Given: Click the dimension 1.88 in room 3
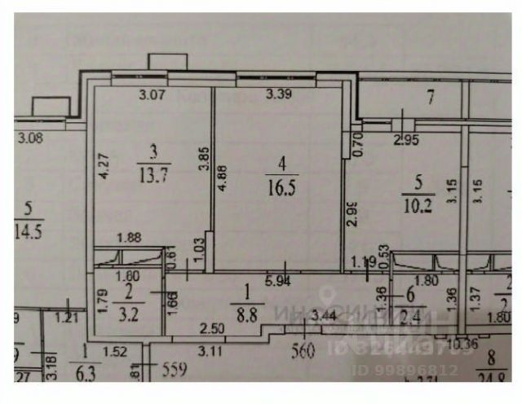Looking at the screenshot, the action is tap(129, 238).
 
